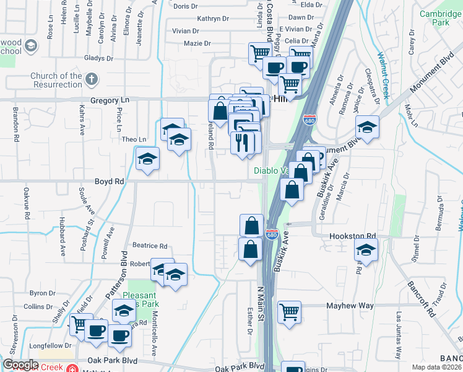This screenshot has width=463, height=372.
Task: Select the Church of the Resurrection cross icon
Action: [91, 79]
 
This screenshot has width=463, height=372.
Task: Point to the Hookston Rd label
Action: [362, 236]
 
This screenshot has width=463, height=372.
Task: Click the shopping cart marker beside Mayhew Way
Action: [289, 311]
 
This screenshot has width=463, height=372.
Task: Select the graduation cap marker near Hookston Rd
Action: [366, 250]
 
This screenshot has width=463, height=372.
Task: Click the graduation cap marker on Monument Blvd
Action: [368, 126]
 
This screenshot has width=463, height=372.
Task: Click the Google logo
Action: [20, 365]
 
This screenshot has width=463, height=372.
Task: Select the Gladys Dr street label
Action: [97, 58]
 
